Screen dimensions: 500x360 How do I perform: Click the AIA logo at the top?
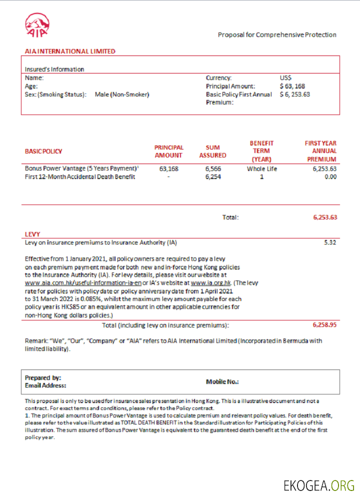(37, 25)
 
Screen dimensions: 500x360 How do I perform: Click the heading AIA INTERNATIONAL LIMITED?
(70, 51)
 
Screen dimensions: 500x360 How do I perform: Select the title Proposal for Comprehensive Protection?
(277, 35)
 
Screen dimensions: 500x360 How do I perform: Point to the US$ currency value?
(285, 78)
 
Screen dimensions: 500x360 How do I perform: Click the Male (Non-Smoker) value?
(122, 94)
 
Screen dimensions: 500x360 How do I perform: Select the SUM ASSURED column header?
(213, 151)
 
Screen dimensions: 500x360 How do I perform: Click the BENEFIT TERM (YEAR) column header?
(261, 150)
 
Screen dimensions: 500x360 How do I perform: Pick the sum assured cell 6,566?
(213, 169)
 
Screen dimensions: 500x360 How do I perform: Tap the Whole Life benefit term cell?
(261, 169)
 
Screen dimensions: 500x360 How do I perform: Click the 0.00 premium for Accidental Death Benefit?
(330, 177)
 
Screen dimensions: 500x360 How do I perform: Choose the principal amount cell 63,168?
(168, 169)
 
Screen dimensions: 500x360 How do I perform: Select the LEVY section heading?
(32, 234)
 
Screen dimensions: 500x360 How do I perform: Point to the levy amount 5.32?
(330, 242)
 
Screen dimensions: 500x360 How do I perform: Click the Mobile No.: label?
(222, 381)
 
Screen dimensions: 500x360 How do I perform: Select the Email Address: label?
(45, 385)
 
